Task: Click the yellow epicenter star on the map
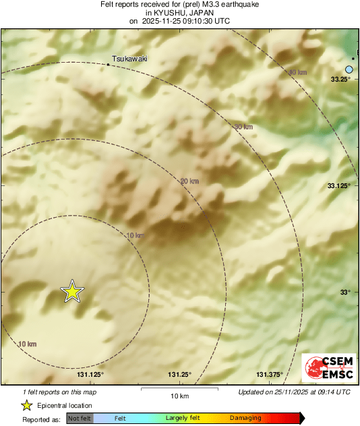click(71, 291)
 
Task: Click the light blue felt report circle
click(349, 69)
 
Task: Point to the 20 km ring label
click(189, 181)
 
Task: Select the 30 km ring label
click(243, 127)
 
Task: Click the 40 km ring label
click(297, 72)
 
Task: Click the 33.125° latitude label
click(338, 185)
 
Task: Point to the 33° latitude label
click(344, 292)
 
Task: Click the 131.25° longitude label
click(179, 375)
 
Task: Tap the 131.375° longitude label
click(269, 375)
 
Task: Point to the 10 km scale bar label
click(179, 395)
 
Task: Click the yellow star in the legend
click(26, 405)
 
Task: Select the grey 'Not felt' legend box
click(80, 419)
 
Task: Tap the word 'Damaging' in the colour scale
click(246, 419)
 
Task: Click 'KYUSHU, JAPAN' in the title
click(179, 13)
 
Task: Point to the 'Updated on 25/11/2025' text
click(294, 392)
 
